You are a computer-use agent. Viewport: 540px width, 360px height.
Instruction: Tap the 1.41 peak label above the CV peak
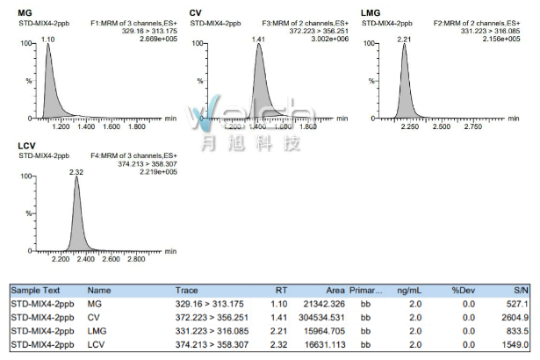tap(258, 40)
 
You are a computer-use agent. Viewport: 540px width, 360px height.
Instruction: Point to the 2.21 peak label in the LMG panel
tap(405, 40)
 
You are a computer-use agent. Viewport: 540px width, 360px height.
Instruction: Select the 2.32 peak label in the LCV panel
tap(76, 172)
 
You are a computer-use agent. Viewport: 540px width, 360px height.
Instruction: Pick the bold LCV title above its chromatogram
tap(27, 146)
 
